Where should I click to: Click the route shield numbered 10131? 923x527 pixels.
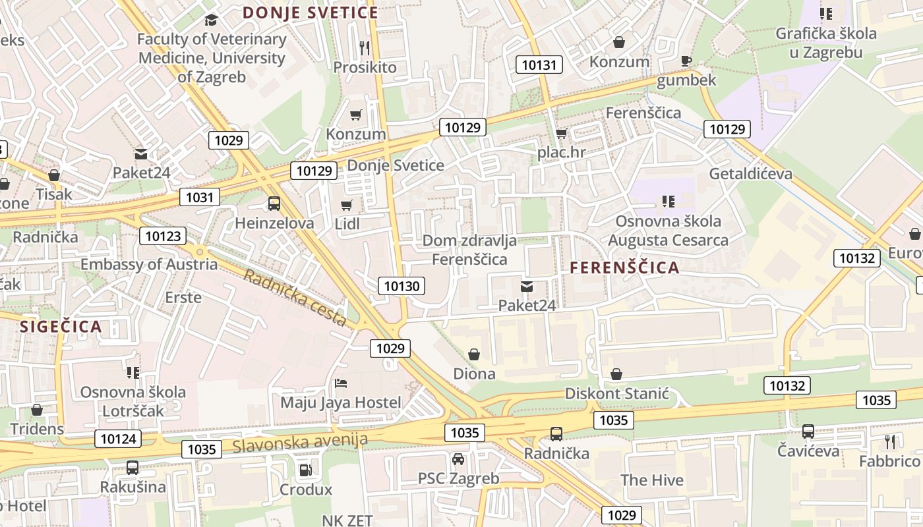pos(539,65)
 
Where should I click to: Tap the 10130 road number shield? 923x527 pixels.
pos(402,286)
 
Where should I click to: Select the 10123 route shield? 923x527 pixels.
pos(163,236)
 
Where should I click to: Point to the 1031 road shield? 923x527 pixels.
pos(200,197)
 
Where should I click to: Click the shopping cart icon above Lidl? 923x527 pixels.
pos(347,205)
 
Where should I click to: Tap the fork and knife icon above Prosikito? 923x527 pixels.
pos(365,47)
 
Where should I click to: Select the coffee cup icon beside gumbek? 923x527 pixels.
pos(686,61)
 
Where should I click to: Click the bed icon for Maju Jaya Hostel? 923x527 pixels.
pos(341,383)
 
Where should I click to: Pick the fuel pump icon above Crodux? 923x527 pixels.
pos(305,470)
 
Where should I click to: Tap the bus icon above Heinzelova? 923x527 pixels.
pos(274,204)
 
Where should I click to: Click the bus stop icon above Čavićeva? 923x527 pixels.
pos(808,431)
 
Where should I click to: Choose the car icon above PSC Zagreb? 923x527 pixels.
pos(458,458)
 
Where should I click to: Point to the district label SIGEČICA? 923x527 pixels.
pos(61,327)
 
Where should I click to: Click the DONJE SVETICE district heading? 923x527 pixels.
pos(311,13)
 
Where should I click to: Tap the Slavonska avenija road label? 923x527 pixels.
pos(300,442)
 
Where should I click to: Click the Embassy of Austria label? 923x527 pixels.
pos(149,264)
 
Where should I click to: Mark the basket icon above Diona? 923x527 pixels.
pos(474,354)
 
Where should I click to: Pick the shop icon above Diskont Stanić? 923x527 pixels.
pos(616,374)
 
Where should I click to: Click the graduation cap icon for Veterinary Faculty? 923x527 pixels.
pos(211,20)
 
